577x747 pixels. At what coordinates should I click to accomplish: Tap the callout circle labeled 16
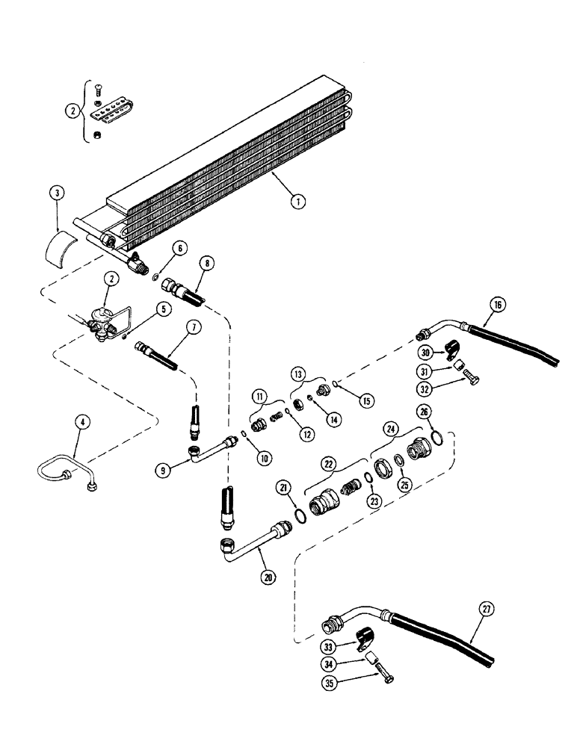(x=498, y=304)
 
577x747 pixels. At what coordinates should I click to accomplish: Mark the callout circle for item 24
(x=389, y=429)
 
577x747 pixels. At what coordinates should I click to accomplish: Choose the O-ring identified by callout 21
(x=300, y=516)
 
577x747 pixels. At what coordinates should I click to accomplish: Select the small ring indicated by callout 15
(x=337, y=385)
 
